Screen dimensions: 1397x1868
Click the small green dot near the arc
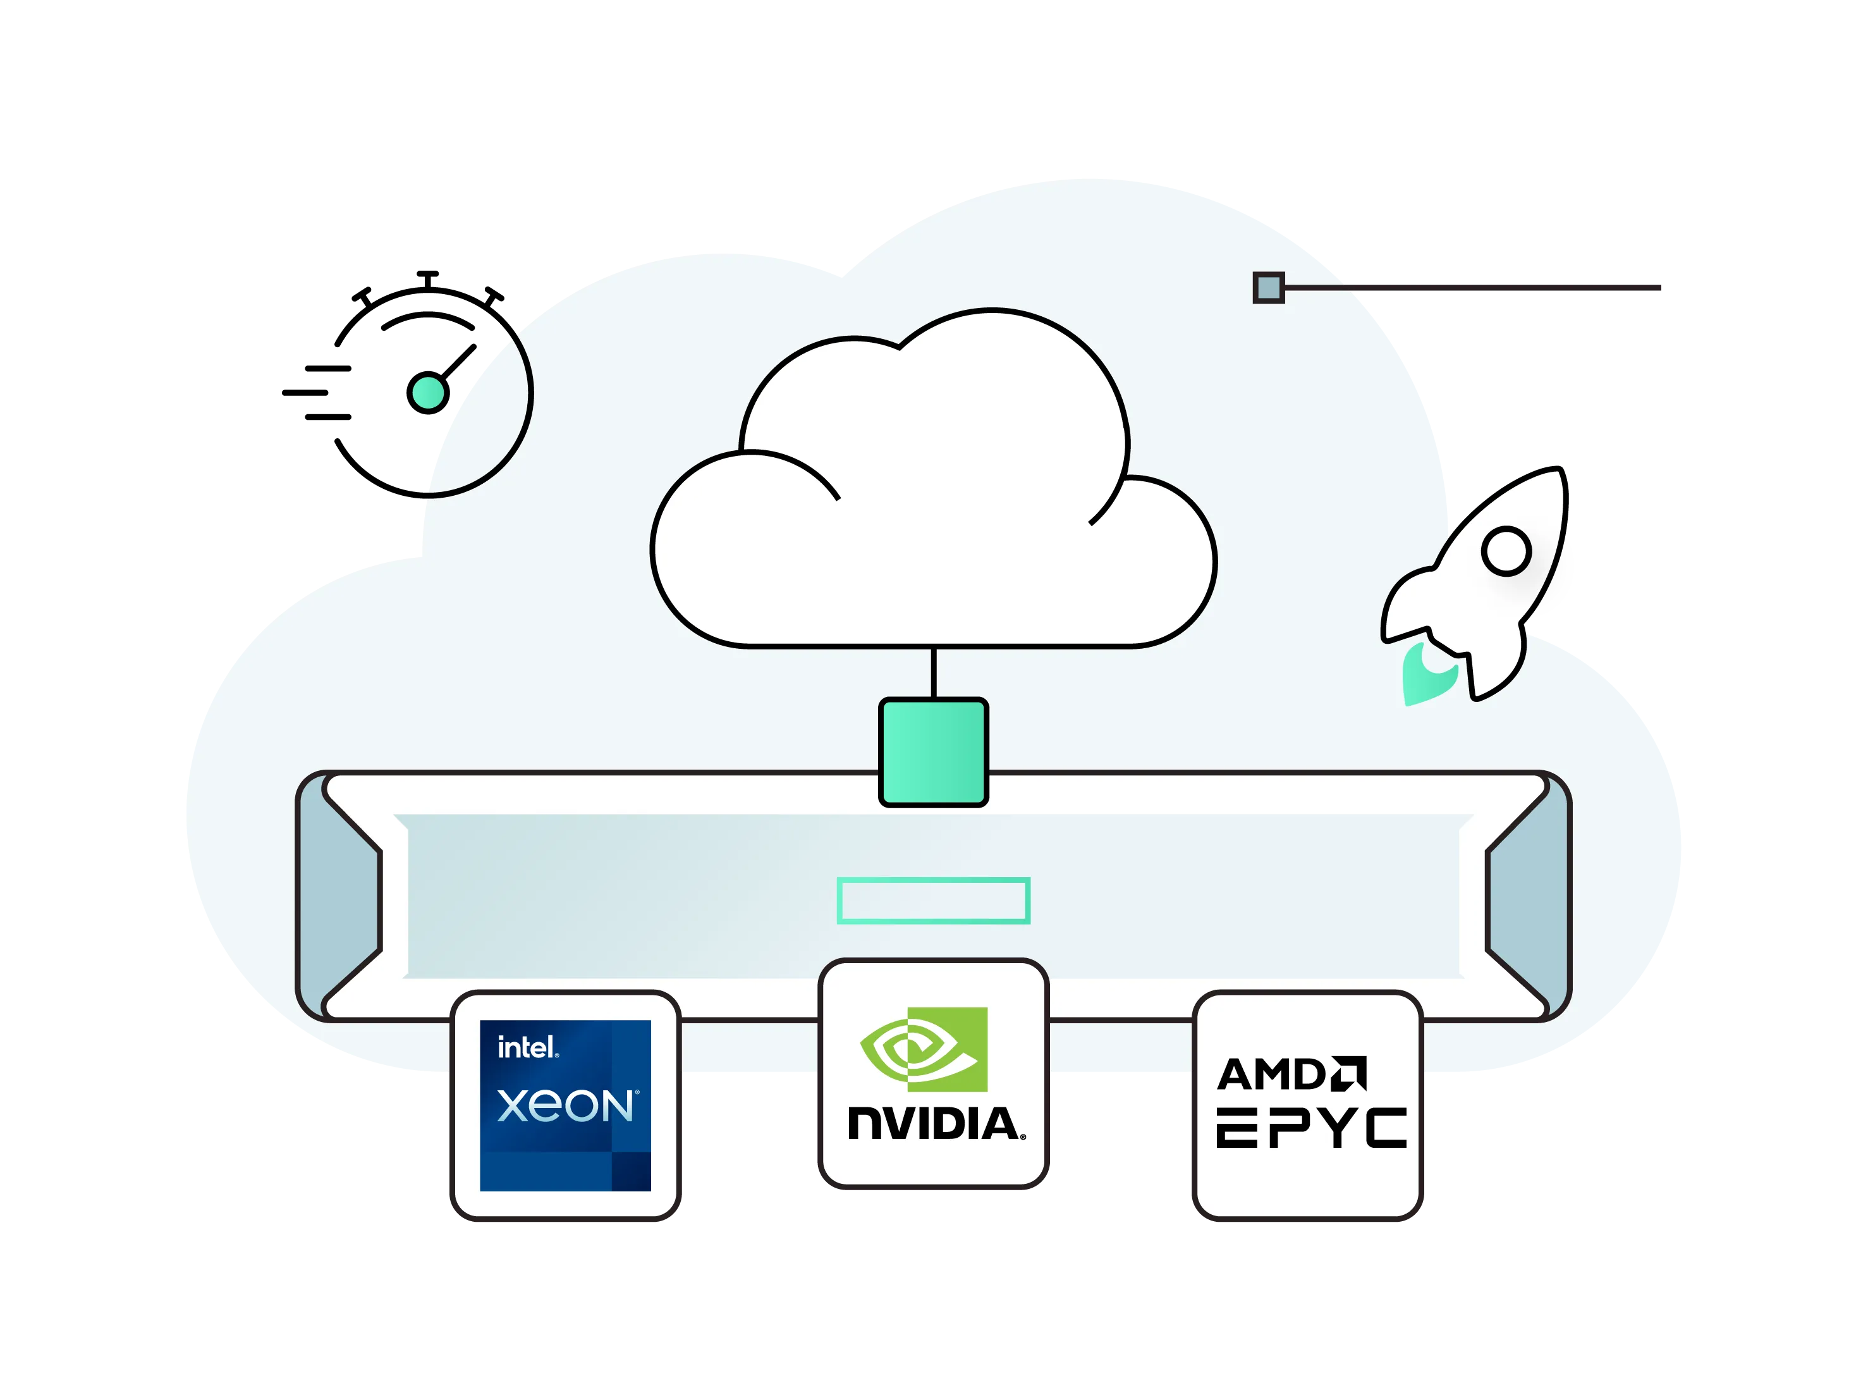coord(428,393)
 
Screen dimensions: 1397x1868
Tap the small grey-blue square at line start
coord(1269,288)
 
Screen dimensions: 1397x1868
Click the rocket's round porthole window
coord(1506,551)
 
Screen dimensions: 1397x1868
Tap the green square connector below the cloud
coord(933,752)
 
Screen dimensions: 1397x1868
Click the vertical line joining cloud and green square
coord(933,673)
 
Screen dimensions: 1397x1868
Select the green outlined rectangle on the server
coord(933,901)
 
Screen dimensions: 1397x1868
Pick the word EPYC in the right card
coord(1312,1128)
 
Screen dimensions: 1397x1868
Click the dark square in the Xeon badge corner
coord(631,1172)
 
